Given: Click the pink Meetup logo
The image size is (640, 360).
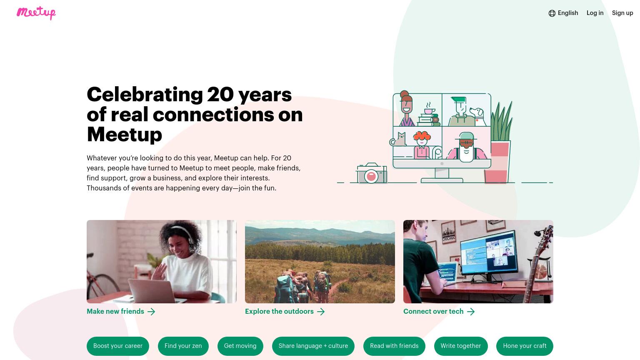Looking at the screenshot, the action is (36, 13).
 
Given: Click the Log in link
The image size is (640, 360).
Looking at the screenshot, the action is (595, 13).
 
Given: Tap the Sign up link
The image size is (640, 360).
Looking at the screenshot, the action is (622, 13).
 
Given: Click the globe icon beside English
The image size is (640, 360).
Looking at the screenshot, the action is (552, 13).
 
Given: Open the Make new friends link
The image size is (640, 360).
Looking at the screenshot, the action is (121, 311).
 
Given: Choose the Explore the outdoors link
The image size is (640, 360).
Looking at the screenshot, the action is (285, 311).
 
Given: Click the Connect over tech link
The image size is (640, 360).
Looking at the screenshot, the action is (439, 311).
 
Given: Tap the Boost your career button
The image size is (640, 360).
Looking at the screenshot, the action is (118, 346).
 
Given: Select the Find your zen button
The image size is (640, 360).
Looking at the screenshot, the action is (183, 346).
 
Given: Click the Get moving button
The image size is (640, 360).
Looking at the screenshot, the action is (240, 346).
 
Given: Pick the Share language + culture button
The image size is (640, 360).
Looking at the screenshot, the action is (313, 346).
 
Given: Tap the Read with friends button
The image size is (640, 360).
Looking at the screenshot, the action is (394, 346).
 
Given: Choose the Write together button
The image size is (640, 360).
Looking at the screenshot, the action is (461, 346).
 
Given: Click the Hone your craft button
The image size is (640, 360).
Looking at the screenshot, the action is (525, 346).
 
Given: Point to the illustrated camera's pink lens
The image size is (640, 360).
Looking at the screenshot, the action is (371, 176).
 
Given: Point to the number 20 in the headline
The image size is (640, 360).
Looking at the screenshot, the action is (220, 94).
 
